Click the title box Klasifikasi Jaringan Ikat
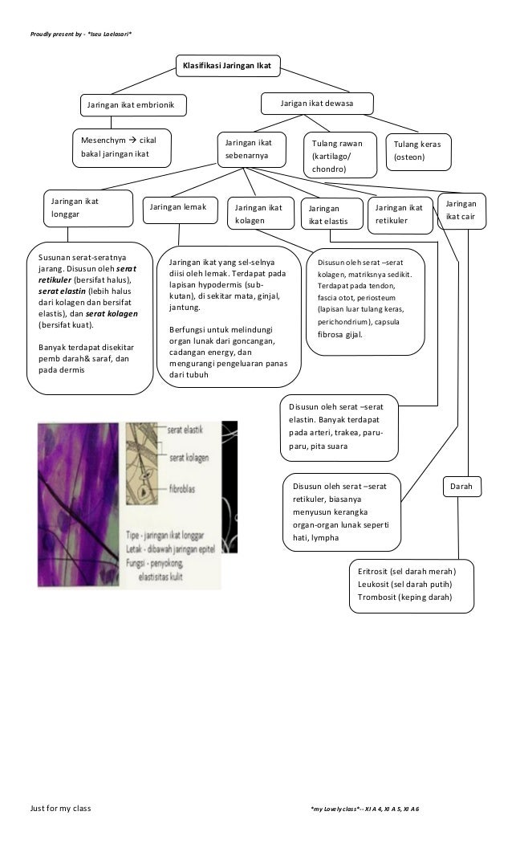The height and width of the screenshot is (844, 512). [x=228, y=64]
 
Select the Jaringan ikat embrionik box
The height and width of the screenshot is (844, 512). [x=132, y=105]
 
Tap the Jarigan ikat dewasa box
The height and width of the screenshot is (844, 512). [x=319, y=104]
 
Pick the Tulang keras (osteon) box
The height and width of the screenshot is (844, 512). [x=417, y=150]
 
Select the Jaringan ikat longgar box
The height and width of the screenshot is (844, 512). [x=87, y=207]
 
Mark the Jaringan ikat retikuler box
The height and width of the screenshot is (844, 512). [x=398, y=214]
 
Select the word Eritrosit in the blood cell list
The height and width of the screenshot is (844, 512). [x=374, y=571]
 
